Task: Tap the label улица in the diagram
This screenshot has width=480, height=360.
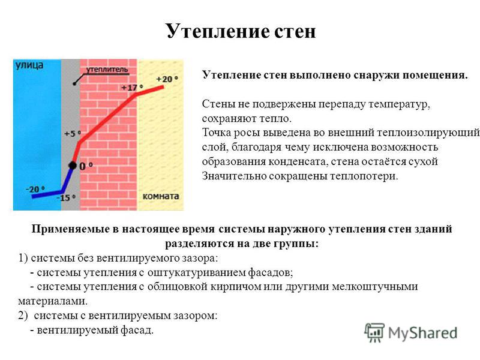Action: [29, 65]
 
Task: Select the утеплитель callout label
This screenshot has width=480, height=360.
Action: [107, 70]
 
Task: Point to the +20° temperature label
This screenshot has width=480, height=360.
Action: [167, 79]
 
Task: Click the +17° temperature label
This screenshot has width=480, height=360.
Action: [132, 88]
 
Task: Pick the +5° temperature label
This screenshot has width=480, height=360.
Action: [73, 134]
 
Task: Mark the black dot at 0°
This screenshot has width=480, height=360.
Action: [73, 166]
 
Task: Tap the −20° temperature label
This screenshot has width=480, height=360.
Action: [35, 190]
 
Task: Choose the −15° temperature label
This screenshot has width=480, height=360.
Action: [66, 198]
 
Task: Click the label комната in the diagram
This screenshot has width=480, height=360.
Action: [161, 196]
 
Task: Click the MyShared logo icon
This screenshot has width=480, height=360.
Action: [374, 332]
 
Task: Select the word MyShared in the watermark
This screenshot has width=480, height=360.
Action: [423, 333]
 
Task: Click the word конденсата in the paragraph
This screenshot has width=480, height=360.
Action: [297, 161]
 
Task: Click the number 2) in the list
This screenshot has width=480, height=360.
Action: [23, 316]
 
